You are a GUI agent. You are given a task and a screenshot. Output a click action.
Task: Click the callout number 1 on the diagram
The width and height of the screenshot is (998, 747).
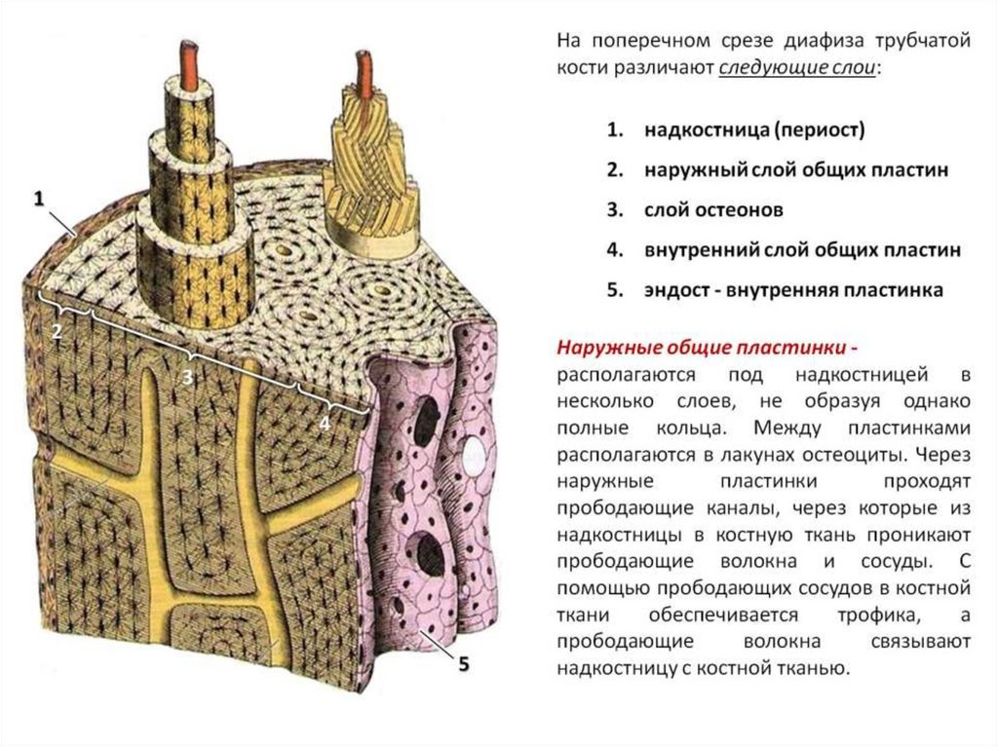click(39, 199)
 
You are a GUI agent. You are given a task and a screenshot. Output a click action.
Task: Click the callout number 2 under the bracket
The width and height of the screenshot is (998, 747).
click(57, 331)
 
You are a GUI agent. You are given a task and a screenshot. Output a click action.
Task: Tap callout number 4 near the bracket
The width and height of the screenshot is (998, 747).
click(325, 423)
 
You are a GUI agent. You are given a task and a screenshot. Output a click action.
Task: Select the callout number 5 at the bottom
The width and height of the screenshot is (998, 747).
click(463, 664)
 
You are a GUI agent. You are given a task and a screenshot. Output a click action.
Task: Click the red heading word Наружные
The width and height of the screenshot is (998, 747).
click(606, 349)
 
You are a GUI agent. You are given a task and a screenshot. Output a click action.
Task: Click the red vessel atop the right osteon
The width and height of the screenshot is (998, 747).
click(367, 74)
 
